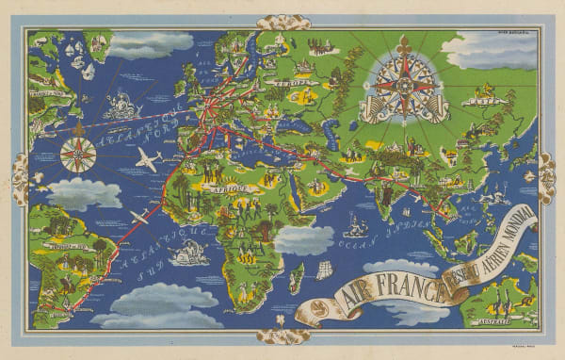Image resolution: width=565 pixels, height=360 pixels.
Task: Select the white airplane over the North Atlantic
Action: pos(147,160)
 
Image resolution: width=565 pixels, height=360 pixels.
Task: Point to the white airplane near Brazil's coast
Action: pos(140,219)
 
